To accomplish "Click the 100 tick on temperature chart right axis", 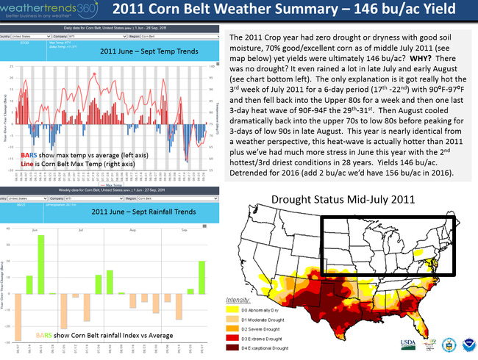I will coord(211,65).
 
